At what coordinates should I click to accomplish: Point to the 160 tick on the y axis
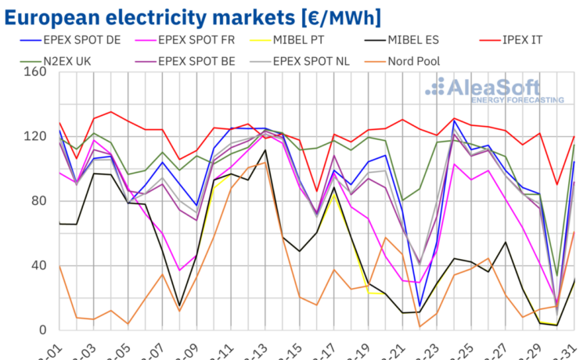36,72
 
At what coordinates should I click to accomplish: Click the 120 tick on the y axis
36,136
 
